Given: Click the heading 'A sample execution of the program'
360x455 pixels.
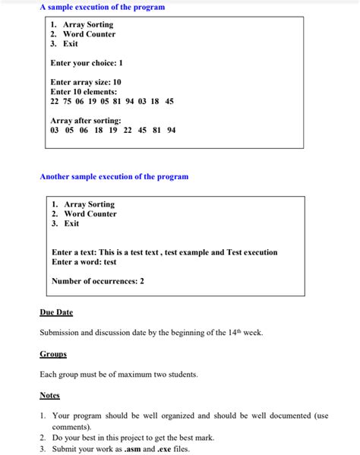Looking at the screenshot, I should point(102,7).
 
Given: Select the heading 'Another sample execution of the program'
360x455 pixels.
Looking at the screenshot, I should point(114,176).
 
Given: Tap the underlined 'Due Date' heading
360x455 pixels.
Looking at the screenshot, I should point(56,312).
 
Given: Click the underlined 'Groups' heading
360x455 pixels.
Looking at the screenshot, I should point(53,354).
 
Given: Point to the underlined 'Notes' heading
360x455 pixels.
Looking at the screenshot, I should point(49,395).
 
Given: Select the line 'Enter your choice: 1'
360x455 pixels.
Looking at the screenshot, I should point(87,63).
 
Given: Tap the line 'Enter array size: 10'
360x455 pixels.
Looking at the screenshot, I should point(86,82).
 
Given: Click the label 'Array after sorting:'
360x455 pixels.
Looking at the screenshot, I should point(86,121).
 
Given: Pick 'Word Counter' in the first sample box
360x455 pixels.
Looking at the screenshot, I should point(89,34).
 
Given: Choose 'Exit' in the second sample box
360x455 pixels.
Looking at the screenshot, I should point(71,223).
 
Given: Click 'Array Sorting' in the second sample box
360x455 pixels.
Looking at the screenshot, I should point(89,204).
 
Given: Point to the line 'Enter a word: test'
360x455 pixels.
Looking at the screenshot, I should point(84,262).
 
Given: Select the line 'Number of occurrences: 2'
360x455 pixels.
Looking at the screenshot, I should point(98,281).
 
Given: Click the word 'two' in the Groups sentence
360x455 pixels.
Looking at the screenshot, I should point(158,374).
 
